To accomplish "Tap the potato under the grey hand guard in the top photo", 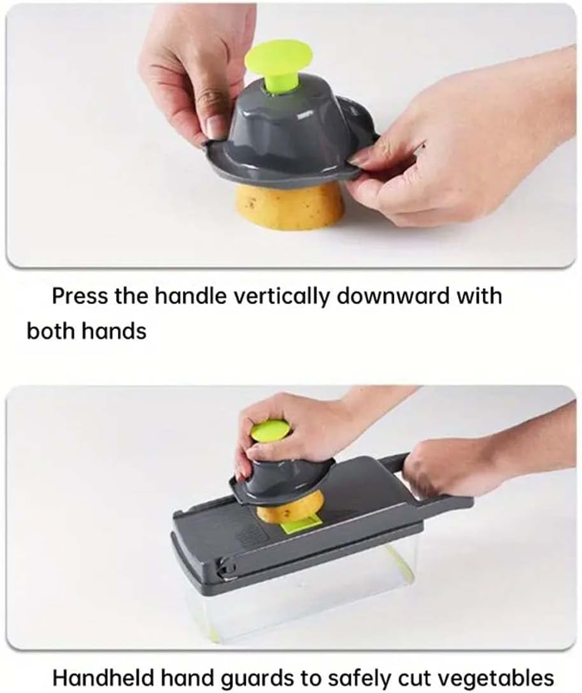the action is [x=290, y=205].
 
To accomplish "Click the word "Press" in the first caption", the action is [x=80, y=296].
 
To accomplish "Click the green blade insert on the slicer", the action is [x=301, y=526].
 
